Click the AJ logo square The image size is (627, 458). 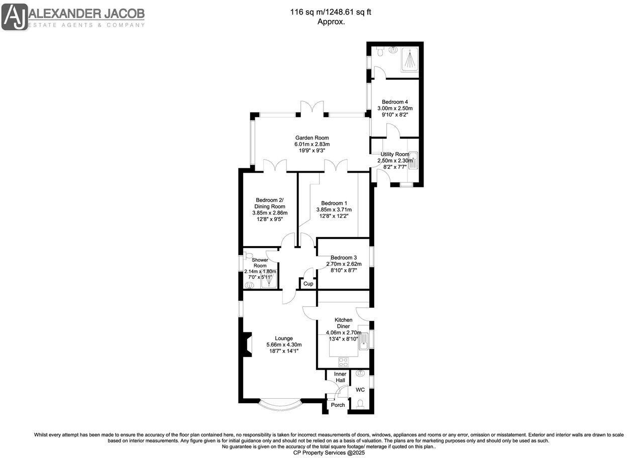point(15,17)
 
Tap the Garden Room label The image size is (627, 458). point(311,138)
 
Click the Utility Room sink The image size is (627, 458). point(413,160)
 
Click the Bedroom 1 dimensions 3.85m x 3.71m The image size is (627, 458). point(334,209)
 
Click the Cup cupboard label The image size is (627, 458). point(308,284)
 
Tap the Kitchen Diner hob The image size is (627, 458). point(344,362)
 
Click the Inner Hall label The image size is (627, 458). point(340,377)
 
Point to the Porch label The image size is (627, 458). point(338,405)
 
